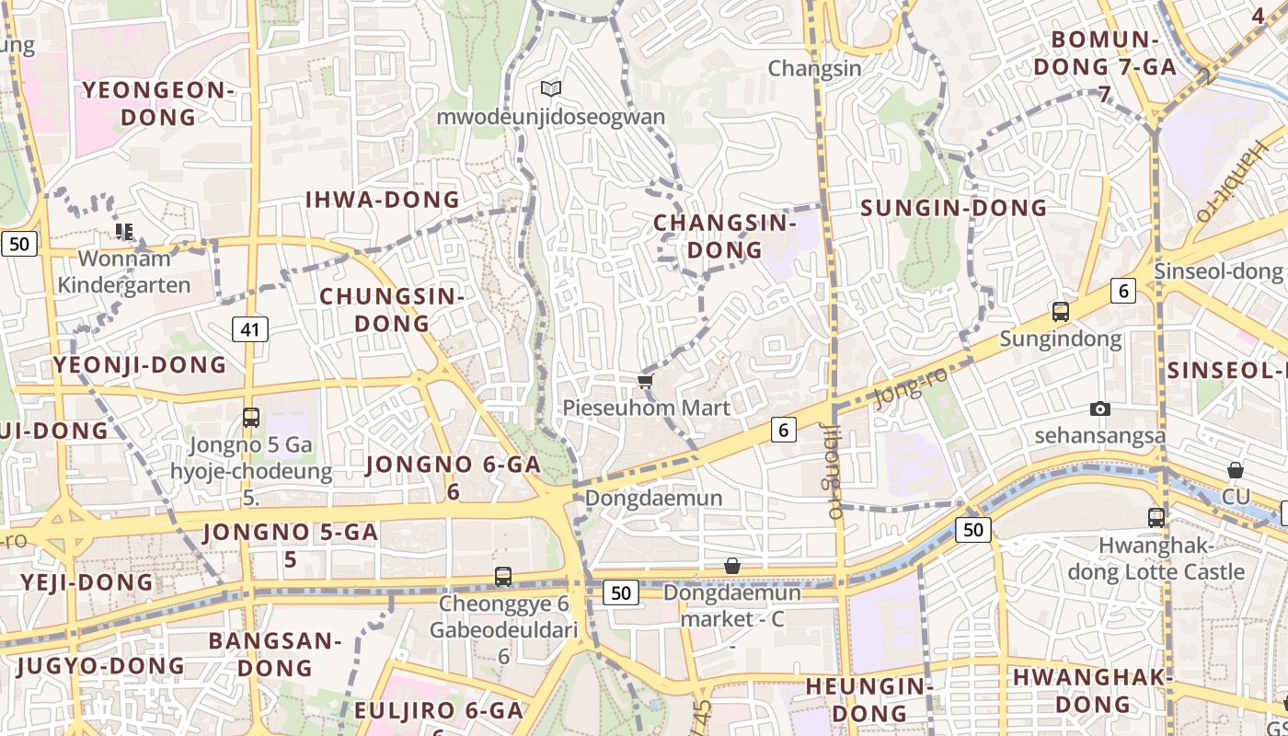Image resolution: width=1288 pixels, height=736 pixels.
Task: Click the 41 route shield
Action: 249,328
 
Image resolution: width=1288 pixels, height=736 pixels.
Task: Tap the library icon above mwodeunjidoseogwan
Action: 551,88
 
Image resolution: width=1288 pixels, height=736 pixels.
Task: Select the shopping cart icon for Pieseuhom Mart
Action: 645,381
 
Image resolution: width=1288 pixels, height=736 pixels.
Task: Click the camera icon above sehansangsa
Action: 1099,408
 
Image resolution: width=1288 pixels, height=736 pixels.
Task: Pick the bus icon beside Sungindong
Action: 1061,312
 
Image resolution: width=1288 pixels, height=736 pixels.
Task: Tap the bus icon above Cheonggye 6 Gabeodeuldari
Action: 503,577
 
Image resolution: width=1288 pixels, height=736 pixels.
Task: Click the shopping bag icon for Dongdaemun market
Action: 732,566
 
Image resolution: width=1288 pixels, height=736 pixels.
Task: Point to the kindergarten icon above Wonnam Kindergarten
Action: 123,232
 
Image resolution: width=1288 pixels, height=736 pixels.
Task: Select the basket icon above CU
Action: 1236,471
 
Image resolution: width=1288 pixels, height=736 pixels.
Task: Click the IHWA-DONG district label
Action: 382,200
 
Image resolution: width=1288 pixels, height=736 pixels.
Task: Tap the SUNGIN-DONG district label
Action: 954,208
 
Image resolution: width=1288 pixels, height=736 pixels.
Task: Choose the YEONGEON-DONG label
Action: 158,103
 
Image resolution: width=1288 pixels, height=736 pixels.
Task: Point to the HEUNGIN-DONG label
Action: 869,699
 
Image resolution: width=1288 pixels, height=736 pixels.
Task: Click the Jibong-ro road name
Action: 834,471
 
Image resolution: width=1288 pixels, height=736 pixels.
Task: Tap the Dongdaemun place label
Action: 653,498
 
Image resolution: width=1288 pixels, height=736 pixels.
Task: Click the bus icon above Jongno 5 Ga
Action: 251,418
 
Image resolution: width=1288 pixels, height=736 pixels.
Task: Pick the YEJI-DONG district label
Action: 87,582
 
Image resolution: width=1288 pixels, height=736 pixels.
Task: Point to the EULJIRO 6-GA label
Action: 438,710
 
